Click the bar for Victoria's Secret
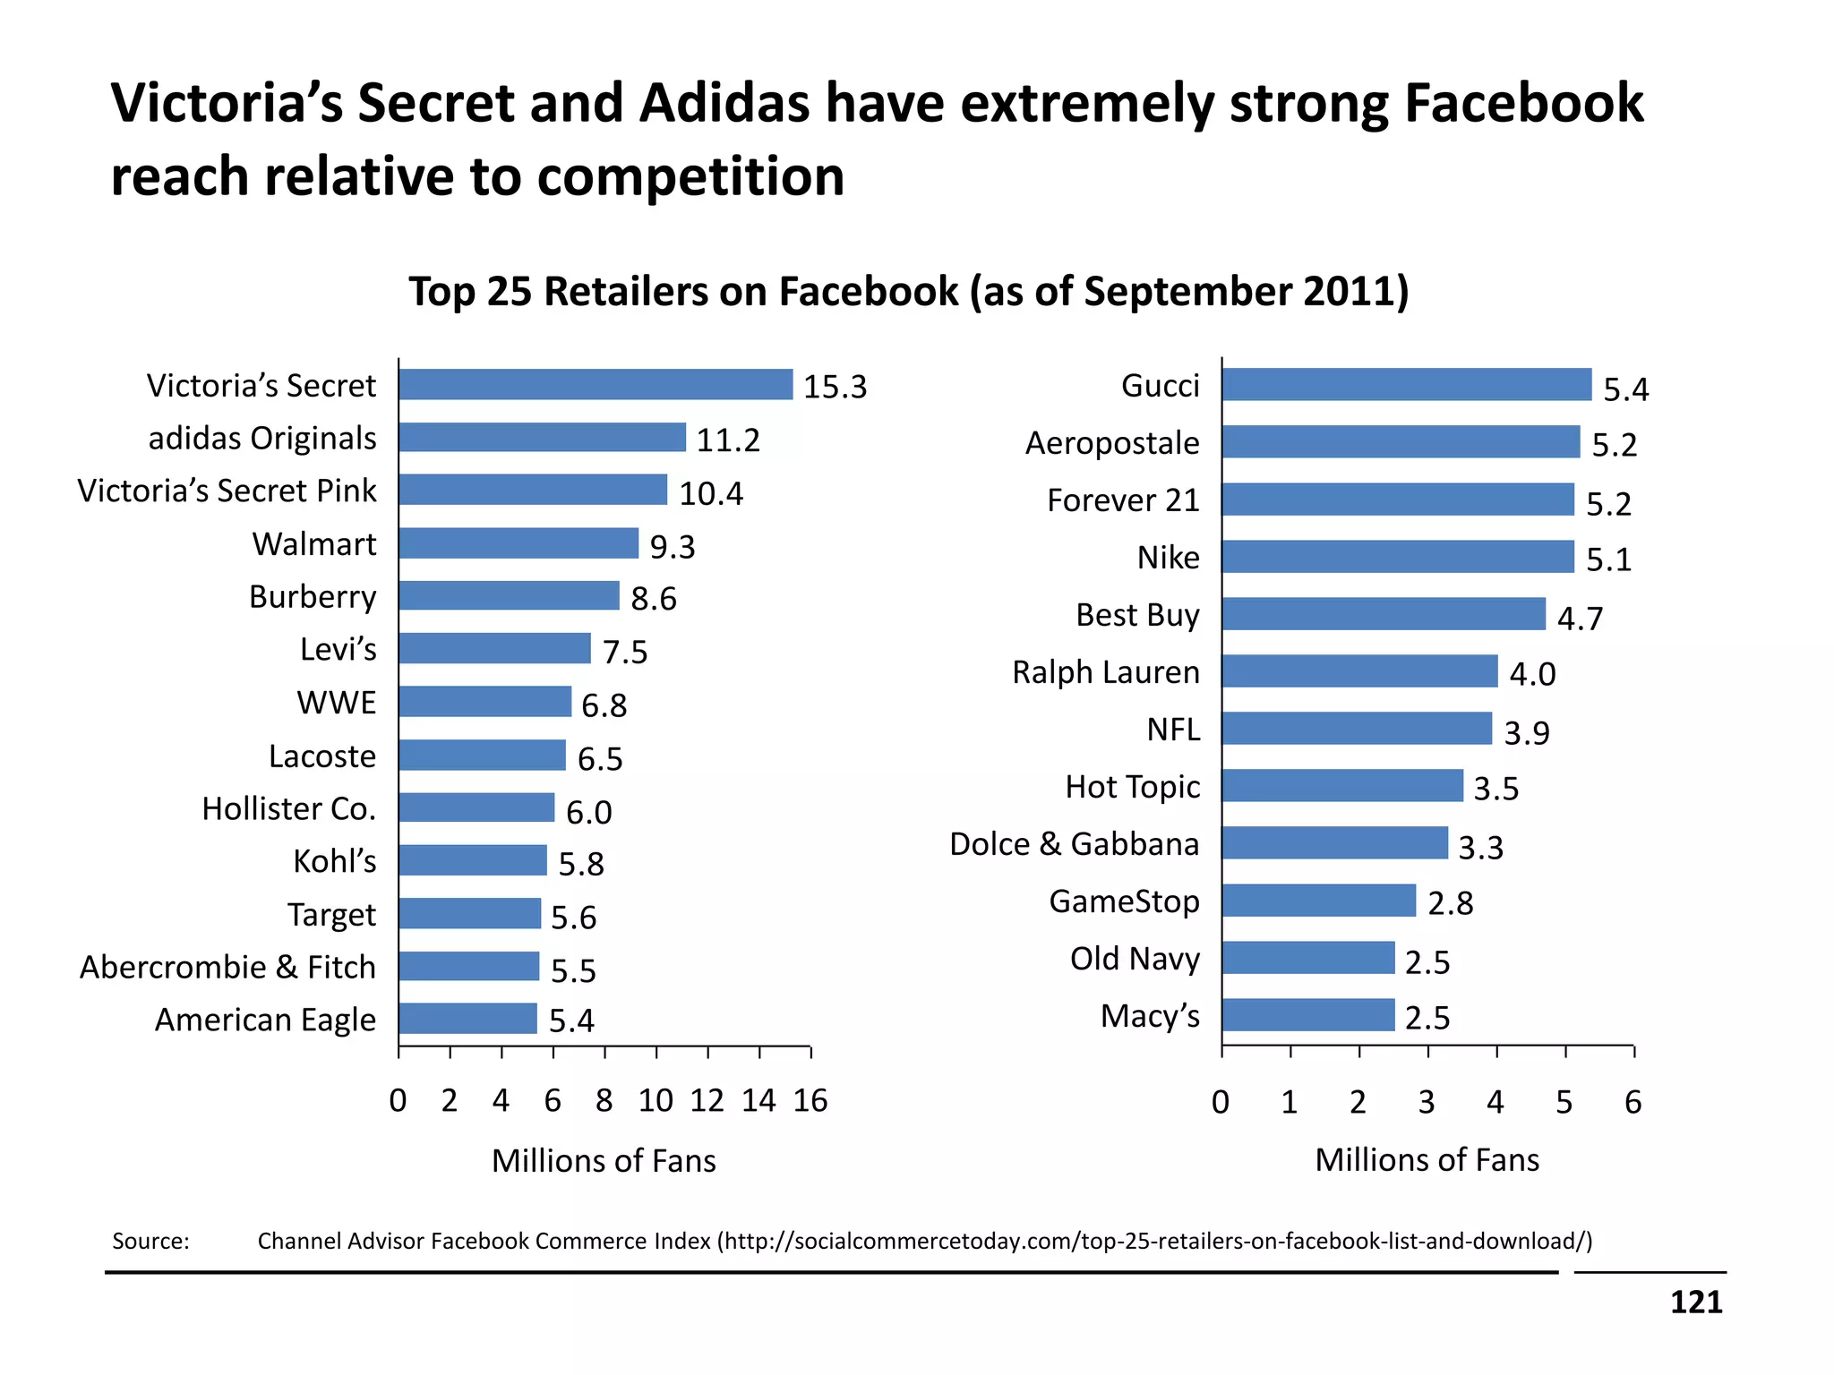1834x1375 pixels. (x=596, y=384)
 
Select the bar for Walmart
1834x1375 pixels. (x=518, y=543)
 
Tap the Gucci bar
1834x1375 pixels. (x=1406, y=384)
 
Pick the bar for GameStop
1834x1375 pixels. (x=1318, y=901)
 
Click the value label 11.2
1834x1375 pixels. (x=728, y=440)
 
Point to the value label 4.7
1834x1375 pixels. (x=1580, y=619)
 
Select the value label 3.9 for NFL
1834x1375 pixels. (x=1526, y=733)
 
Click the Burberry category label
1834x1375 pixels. (x=313, y=597)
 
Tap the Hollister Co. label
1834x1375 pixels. (x=288, y=809)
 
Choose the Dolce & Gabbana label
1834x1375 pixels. (x=1074, y=844)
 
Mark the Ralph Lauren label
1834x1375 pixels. (x=1105, y=672)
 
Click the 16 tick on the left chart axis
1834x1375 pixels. (x=810, y=1101)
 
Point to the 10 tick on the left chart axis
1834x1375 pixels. (x=656, y=1101)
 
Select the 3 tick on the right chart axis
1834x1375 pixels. (x=1427, y=1102)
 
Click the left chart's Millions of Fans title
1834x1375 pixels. (x=604, y=1161)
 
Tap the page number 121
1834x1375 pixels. (x=1695, y=1302)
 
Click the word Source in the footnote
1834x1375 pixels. (x=150, y=1242)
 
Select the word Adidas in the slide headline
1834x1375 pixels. (x=724, y=103)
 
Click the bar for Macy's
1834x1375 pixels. (x=1307, y=1015)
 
